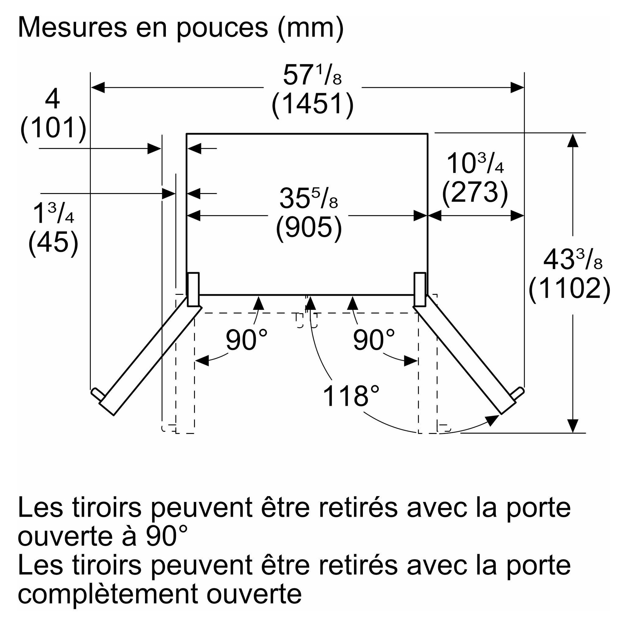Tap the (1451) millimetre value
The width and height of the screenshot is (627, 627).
pos(313,104)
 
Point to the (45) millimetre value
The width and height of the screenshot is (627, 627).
pos(53,242)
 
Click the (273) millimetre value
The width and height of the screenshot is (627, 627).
pos(475,192)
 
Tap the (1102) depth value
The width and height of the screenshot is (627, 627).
pos(569,288)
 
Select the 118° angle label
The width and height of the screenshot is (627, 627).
pos(351,396)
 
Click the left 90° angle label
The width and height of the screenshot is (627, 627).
pos(247,340)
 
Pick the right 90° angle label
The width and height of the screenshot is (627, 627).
pos(374,340)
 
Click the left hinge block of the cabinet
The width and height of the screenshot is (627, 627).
pos(193,289)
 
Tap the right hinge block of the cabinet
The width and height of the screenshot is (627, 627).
pos(420,289)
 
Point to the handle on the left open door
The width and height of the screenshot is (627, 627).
pos(98,394)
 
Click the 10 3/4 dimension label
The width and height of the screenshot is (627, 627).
pos(475,163)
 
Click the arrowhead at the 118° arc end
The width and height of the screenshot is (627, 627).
pos(492,420)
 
